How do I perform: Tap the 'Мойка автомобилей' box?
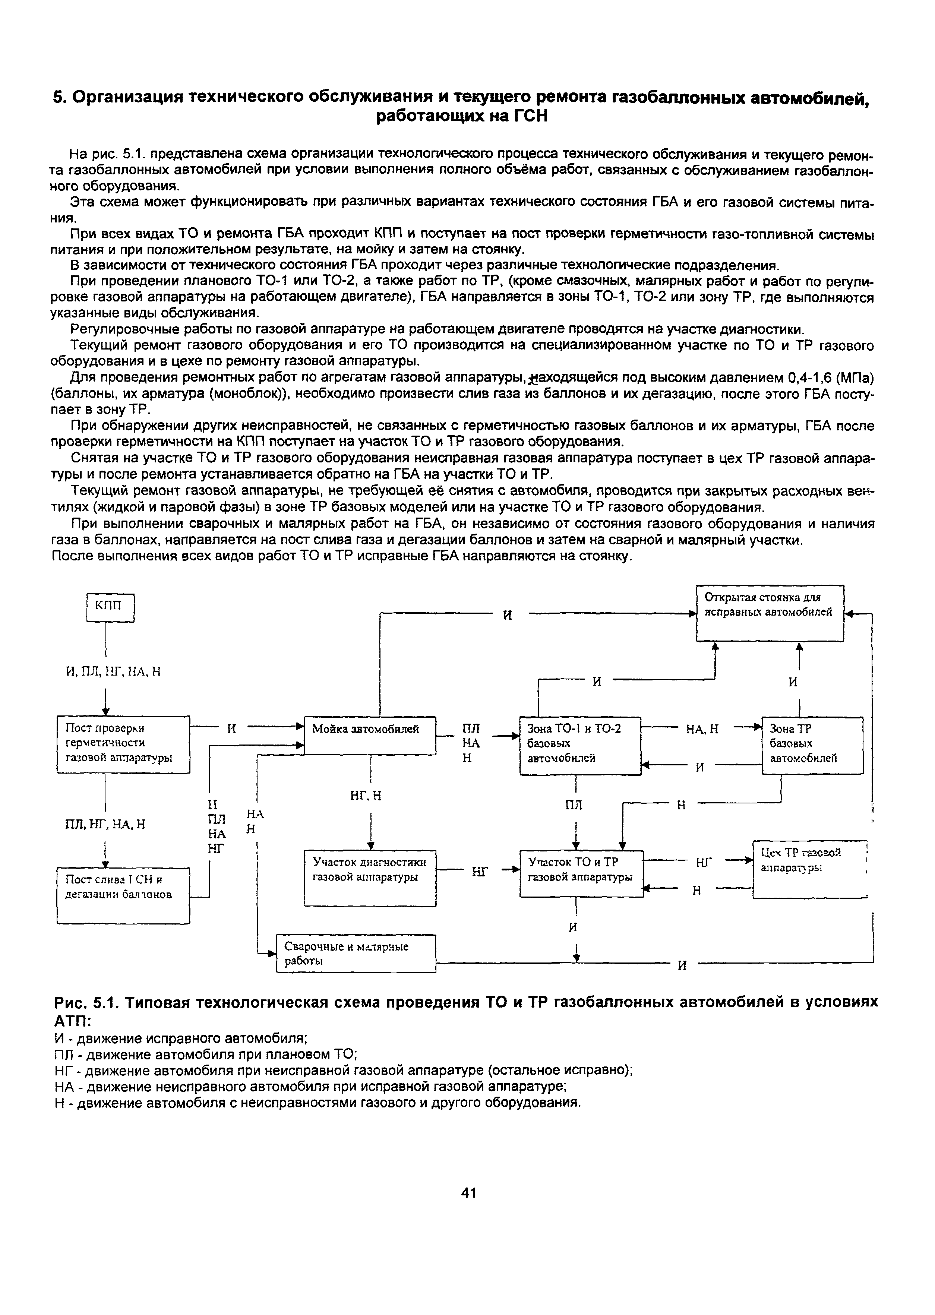(x=370, y=735)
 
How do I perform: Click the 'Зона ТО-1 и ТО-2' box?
(x=580, y=745)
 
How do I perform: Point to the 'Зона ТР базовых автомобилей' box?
(x=812, y=745)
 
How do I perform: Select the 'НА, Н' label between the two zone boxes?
(x=702, y=729)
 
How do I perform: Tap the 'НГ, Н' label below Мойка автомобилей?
(x=366, y=796)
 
